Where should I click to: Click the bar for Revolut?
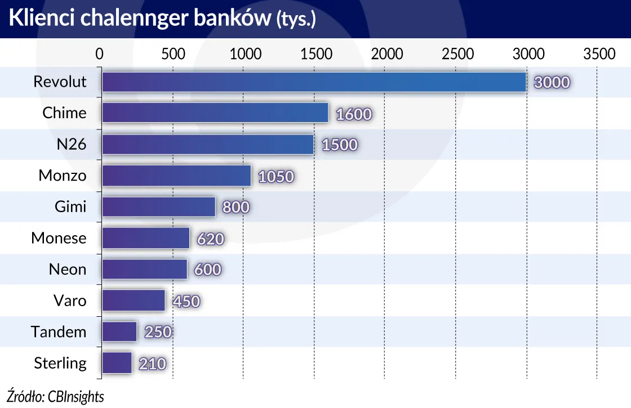tap(313, 82)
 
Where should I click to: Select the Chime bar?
tap(215, 113)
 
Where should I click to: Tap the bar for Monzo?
tap(176, 176)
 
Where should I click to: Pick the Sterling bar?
tap(117, 364)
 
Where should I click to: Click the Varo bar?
tap(134, 301)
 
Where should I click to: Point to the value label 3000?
tap(552, 83)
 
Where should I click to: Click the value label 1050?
tap(276, 177)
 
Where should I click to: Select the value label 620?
tap(211, 239)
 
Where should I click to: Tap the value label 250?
tap(158, 333)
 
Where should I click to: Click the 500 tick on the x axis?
tap(173, 54)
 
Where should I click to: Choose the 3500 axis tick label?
tap(599, 54)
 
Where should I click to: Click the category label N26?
tap(71, 145)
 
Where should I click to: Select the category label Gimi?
tap(70, 207)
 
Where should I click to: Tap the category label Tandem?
tap(59, 332)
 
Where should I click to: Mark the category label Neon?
tap(68, 270)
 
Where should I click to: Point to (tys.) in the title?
tap(296, 20)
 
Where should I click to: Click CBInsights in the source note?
tap(75, 396)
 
